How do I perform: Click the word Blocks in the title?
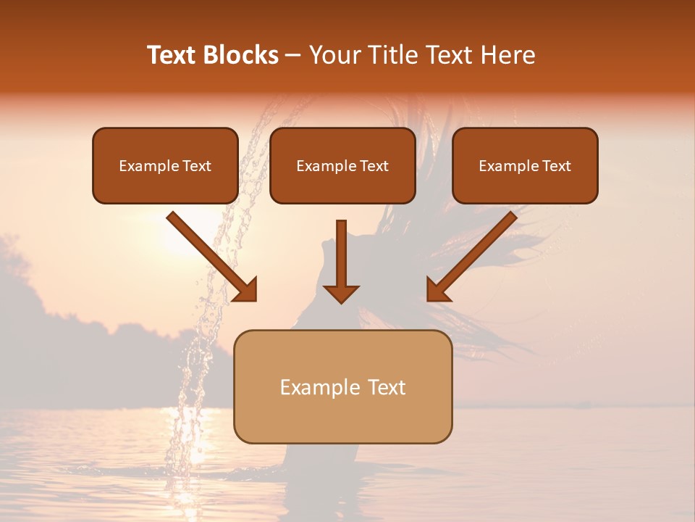241,55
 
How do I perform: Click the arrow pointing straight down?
341,261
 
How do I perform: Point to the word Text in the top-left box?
196,166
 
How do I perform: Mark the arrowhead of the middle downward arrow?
341,293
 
